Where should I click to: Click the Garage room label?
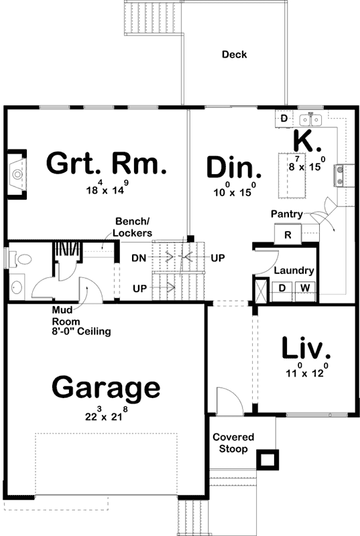106,389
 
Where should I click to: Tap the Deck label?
234,54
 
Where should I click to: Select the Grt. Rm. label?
106,163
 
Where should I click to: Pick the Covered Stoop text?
233,443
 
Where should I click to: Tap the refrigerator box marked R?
288,234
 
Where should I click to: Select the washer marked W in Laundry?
304,288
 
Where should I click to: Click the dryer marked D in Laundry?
282,288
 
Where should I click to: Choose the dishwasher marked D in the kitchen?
284,119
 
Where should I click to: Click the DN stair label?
139,257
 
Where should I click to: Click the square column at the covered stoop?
267,460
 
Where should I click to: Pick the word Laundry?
294,271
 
